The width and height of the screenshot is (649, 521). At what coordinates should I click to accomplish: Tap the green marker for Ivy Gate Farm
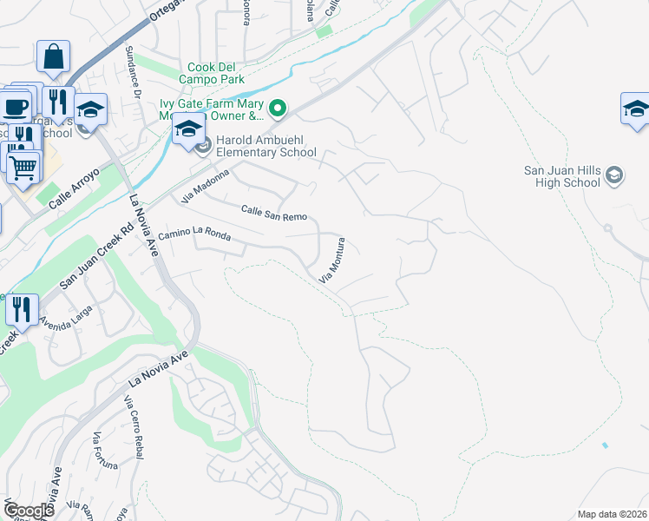(278, 109)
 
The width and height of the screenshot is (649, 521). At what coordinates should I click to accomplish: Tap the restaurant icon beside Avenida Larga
(22, 308)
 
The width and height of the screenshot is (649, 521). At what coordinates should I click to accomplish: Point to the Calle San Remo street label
(272, 212)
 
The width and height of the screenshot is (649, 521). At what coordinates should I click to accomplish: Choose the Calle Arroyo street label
(75, 188)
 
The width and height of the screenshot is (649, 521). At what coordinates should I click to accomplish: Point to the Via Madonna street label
(206, 186)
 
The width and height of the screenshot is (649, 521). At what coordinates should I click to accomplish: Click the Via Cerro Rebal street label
(134, 426)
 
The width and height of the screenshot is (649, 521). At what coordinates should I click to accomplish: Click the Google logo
(29, 511)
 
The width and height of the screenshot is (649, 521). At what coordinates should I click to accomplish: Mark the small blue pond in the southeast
(604, 445)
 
